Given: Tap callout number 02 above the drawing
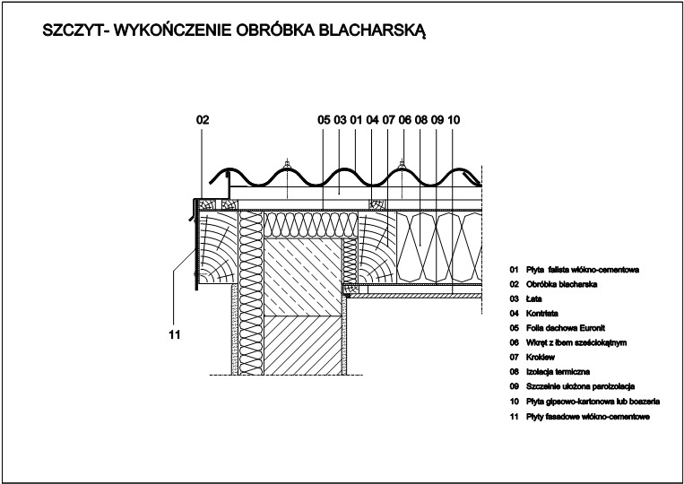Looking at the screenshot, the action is (x=203, y=120).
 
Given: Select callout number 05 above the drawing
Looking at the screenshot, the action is (x=325, y=120).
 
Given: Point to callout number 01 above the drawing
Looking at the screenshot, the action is (x=357, y=120).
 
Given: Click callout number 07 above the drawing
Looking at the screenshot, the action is (x=389, y=120).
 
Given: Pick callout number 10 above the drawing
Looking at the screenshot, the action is (x=454, y=120).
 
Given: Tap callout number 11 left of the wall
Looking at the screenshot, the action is (x=175, y=335).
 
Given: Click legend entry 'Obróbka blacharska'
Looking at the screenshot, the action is (x=561, y=284).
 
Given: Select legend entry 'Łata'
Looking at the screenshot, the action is (x=534, y=298).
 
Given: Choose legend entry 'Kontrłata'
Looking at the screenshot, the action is (x=541, y=314).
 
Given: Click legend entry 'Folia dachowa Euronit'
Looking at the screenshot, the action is (x=566, y=328).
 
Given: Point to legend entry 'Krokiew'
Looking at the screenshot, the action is (x=541, y=357).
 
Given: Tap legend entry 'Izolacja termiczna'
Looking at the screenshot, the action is (x=558, y=372).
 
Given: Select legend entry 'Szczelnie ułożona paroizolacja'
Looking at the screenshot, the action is (x=580, y=386).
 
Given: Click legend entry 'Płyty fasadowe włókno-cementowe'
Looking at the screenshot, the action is (x=588, y=417).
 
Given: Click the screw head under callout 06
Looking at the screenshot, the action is (x=403, y=164).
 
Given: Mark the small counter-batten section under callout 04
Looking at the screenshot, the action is (x=377, y=204).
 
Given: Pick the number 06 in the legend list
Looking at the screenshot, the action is (x=515, y=342).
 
